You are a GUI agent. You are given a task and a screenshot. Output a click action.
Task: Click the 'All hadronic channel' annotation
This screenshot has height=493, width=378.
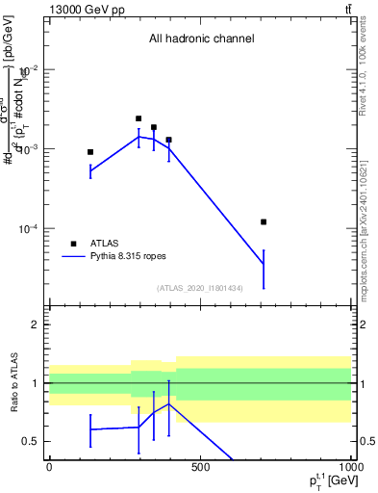200,39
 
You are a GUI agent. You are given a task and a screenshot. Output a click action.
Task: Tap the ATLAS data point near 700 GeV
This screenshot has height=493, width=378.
264,221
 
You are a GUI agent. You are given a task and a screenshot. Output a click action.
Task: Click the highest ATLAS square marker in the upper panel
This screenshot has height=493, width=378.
139,118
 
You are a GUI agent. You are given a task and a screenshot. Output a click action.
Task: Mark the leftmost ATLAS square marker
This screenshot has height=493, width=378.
90,152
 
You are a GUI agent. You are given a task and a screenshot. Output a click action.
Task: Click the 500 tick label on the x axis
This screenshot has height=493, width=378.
200,467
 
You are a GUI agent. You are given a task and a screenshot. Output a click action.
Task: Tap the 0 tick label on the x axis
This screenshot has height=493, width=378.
49,467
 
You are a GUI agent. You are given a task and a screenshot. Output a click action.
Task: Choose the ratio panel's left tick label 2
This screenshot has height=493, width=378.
35,324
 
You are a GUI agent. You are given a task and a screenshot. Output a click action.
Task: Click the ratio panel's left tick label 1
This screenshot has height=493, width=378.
35,383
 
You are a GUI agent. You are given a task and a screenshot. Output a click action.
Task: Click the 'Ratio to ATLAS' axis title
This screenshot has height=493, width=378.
14,383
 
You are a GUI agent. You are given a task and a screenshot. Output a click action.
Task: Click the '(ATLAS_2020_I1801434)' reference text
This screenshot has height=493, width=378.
200,288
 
